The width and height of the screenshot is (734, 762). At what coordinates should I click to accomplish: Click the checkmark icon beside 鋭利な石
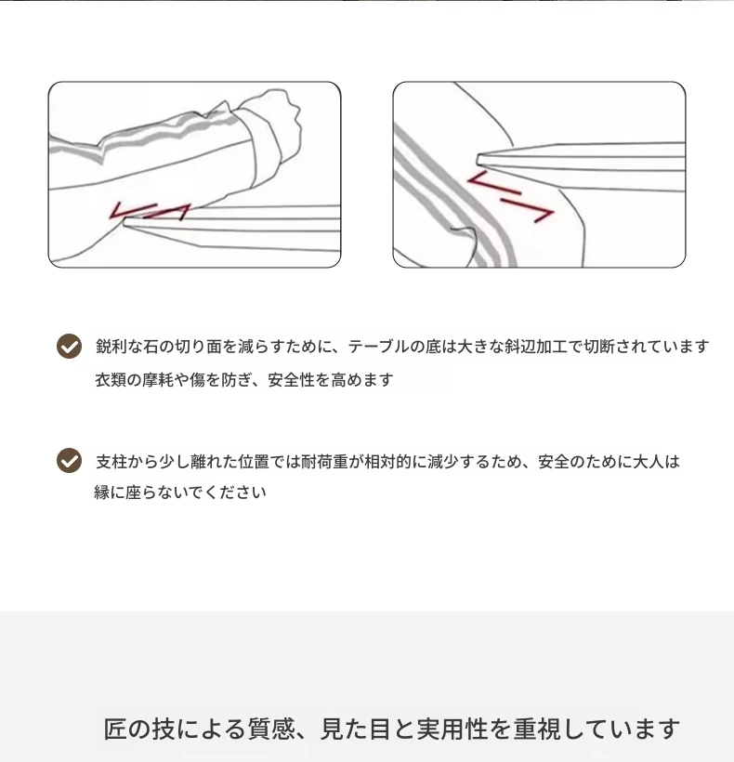69,346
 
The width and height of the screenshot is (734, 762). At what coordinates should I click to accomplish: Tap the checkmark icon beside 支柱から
69,460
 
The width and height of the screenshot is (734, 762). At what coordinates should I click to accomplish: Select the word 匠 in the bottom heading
115,729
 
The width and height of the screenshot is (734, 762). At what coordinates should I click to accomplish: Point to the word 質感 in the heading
271,729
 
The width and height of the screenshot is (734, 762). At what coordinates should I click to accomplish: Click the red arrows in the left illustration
150,211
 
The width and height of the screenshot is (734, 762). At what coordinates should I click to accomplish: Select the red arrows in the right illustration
510,196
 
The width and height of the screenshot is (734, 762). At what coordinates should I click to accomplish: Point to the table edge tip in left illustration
125,223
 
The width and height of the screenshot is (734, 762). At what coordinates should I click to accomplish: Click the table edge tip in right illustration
478,160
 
